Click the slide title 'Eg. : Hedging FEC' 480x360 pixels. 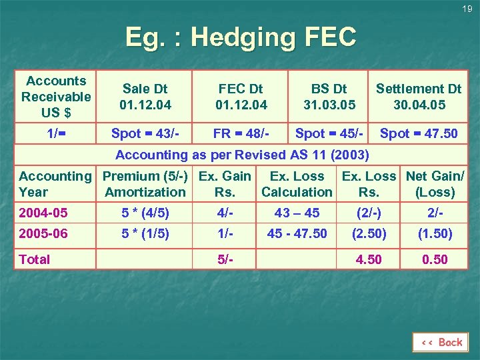click(x=241, y=37)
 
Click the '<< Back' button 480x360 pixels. click(x=441, y=342)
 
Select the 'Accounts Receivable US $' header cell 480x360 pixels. click(x=56, y=97)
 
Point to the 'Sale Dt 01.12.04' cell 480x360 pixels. click(x=145, y=97)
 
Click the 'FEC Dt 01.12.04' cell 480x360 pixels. click(x=241, y=97)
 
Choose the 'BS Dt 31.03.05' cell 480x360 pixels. click(x=329, y=97)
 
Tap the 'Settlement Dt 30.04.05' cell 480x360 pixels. click(x=419, y=97)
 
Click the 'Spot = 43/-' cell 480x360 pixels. click(x=145, y=133)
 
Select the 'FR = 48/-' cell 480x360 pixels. click(x=241, y=133)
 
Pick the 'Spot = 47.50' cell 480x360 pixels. click(x=419, y=133)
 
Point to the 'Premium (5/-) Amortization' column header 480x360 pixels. click(x=145, y=184)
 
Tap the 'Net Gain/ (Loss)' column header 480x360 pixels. click(x=435, y=184)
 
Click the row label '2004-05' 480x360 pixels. click(x=43, y=213)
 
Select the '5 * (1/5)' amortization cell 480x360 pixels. click(x=145, y=233)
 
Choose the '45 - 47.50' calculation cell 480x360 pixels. click(x=297, y=233)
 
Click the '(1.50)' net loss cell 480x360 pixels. click(x=435, y=233)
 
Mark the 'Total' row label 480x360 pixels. click(x=35, y=259)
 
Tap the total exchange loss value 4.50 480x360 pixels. click(x=369, y=259)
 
